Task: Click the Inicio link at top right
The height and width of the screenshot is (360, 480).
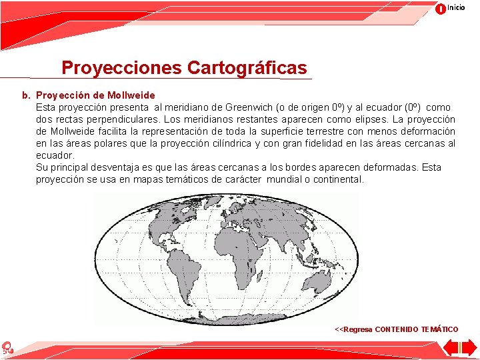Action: (x=456, y=7)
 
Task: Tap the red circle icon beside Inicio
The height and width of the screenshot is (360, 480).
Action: (x=441, y=9)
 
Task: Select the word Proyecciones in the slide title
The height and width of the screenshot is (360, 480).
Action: (x=121, y=68)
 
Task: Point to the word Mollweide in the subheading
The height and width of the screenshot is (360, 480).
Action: (x=131, y=95)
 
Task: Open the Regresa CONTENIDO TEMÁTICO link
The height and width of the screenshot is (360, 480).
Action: (x=396, y=329)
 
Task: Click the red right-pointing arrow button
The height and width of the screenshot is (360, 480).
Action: (x=467, y=348)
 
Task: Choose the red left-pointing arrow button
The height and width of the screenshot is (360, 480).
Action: (x=451, y=348)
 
